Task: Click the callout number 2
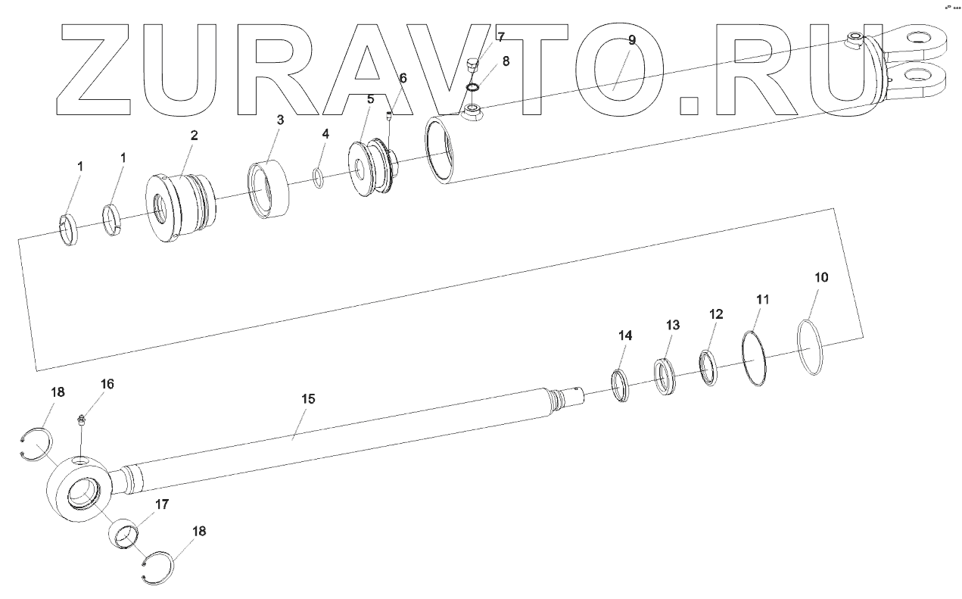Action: tap(194, 136)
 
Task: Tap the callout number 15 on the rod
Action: tap(308, 398)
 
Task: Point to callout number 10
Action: tap(821, 277)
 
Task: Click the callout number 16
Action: tap(107, 384)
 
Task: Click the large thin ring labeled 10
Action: tap(811, 348)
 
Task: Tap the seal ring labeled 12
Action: tap(709, 367)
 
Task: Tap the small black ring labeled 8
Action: tap(472, 88)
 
